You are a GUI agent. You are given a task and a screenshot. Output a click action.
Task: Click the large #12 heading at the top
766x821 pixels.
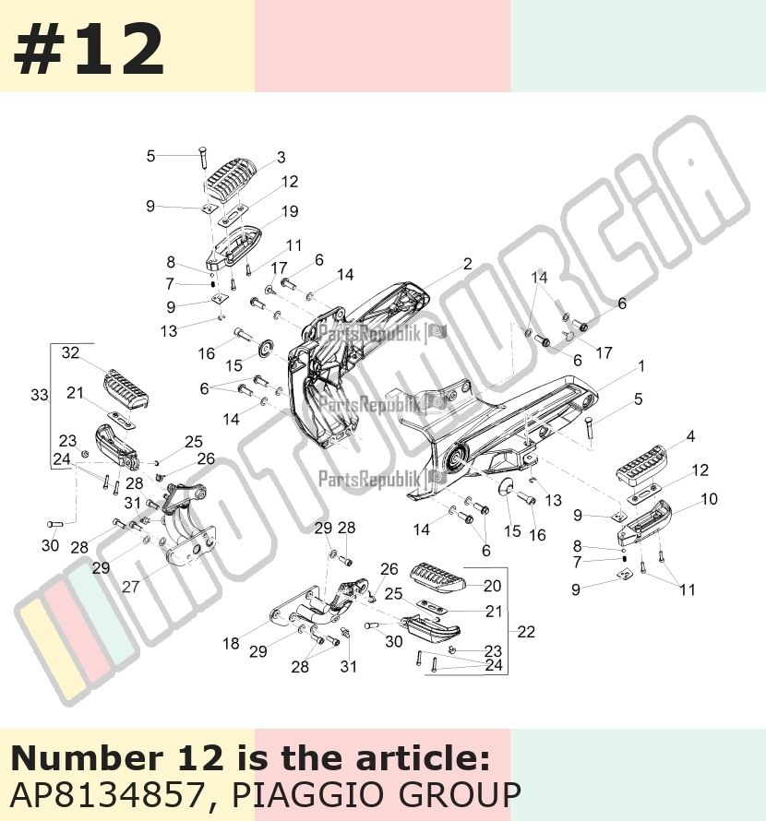[x=89, y=50]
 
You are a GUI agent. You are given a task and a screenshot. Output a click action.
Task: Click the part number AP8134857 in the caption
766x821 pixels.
[x=106, y=795]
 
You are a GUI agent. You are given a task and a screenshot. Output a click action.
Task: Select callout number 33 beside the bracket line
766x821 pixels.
[x=40, y=395]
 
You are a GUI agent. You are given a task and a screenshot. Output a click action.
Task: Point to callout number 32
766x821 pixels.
[x=70, y=353]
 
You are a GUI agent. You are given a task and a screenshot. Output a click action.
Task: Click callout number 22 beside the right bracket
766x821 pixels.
[x=526, y=632]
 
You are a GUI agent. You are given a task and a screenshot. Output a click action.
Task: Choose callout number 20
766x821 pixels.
[x=492, y=586]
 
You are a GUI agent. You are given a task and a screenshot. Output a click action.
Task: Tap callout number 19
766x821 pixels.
[x=290, y=211]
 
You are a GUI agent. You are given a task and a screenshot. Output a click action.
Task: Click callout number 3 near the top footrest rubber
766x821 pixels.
[x=281, y=157]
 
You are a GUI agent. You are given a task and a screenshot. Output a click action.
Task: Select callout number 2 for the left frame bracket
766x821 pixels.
[x=467, y=264]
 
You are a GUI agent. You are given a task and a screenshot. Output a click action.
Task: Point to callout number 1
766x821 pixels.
[x=641, y=366]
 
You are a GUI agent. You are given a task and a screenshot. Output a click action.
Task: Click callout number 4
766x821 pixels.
[x=690, y=436]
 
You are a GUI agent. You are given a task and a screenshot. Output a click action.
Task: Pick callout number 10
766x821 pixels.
[x=709, y=499]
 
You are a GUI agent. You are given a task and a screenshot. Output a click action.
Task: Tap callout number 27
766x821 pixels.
[x=131, y=587]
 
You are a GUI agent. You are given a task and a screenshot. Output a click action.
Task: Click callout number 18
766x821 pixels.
[x=231, y=644]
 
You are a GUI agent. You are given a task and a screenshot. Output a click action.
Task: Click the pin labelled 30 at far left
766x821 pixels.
[x=55, y=523]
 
